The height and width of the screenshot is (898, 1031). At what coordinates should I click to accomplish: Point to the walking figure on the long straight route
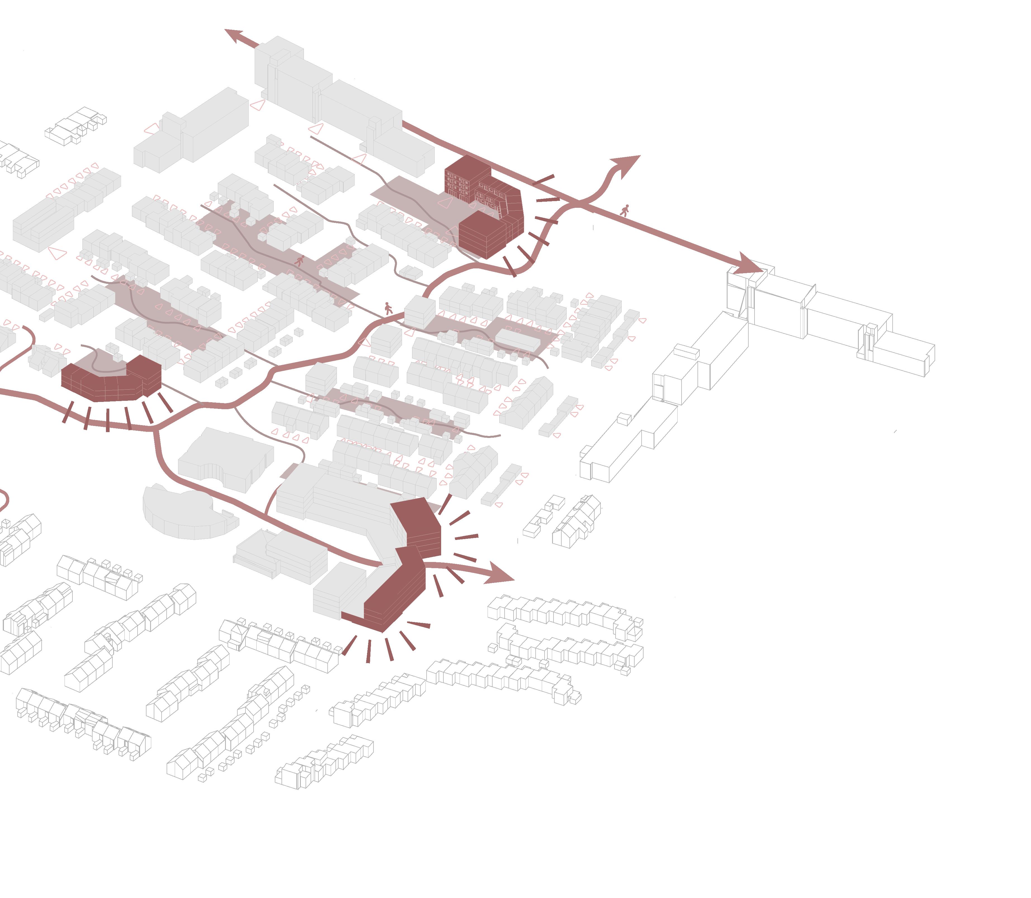(x=624, y=211)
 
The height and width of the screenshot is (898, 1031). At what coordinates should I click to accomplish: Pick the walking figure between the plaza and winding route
(x=388, y=308)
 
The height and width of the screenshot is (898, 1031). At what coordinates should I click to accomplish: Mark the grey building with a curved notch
(x=226, y=459)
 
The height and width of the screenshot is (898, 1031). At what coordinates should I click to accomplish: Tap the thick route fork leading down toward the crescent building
(x=160, y=451)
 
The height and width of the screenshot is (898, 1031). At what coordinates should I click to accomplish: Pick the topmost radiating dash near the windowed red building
(x=543, y=179)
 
